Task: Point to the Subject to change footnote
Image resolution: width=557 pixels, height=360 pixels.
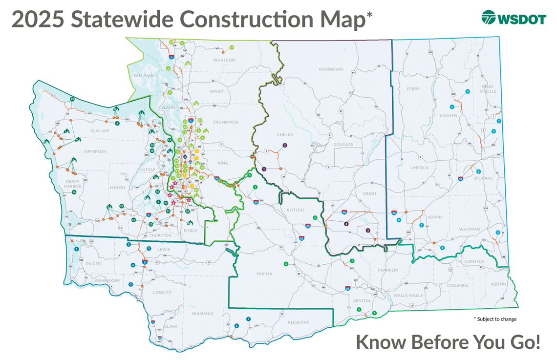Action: (x=495, y=319)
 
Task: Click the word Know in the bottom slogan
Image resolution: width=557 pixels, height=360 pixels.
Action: (x=382, y=341)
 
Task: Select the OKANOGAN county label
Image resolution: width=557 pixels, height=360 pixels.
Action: (x=332, y=69)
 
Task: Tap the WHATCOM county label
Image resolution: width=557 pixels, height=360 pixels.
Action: (x=224, y=60)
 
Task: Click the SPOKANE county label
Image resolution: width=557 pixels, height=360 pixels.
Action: (x=484, y=178)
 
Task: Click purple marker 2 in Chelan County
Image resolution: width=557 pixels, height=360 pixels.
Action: (x=284, y=145)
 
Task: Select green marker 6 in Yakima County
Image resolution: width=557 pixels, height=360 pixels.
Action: (x=286, y=264)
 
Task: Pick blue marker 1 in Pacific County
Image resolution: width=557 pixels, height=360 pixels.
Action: (x=77, y=249)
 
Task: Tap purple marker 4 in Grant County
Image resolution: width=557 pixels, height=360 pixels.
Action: (x=346, y=223)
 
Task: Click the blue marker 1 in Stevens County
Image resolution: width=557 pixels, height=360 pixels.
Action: (x=451, y=106)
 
